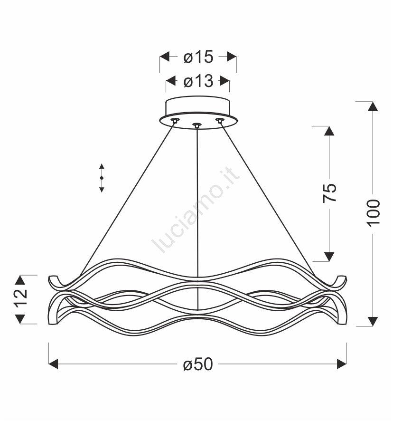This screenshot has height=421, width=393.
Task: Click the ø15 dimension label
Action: click(x=198, y=57)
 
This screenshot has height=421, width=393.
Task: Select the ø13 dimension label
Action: click(x=198, y=81)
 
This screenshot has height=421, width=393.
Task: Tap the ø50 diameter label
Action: click(x=198, y=364)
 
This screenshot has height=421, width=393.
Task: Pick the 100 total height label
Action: click(x=373, y=213)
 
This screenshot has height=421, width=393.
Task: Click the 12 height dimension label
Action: click(x=21, y=298)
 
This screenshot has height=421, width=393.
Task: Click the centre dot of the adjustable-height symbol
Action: click(x=102, y=178)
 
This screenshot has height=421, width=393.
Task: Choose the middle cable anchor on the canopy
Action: click(x=197, y=125)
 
